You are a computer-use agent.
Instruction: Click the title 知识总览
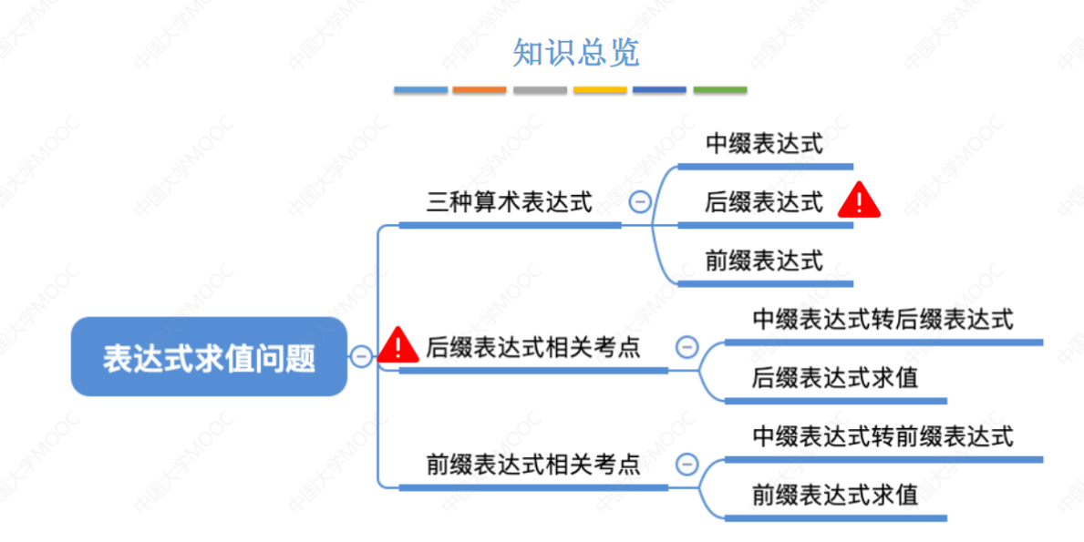[575, 53]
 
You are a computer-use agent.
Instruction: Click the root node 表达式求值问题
[209, 357]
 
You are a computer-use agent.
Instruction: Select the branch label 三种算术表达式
[509, 202]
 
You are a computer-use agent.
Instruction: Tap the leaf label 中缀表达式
[763, 144]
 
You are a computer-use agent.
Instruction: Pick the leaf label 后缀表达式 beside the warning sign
[763, 202]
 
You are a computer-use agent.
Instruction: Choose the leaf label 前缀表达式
[763, 261]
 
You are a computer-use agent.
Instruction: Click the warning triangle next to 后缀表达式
[859, 200]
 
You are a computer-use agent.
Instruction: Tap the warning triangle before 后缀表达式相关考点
[398, 344]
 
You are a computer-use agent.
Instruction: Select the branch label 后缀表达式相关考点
[533, 347]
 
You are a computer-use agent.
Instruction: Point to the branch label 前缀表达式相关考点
[533, 465]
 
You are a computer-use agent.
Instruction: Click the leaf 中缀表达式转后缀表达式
[883, 320]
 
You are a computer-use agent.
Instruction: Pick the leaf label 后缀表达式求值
[835, 377]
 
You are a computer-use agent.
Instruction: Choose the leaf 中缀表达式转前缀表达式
[883, 436]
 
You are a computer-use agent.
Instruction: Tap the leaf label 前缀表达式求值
[835, 495]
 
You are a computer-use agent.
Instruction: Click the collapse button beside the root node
[362, 357]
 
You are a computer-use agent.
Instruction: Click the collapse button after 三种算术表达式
[640, 202]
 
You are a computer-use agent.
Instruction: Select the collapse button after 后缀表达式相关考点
[687, 347]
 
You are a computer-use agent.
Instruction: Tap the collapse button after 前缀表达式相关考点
[687, 465]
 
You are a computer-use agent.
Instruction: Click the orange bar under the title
[479, 90]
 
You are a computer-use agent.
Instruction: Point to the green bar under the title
[719, 90]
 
